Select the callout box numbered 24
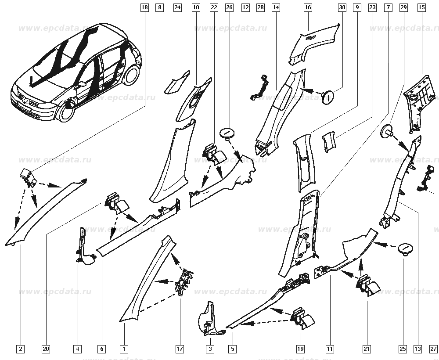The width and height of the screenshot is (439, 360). coord(177,7)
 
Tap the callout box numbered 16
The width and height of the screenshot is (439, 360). coord(307,7)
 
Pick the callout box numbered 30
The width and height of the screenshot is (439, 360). coord(342,7)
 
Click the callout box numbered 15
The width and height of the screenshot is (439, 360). coord(421,7)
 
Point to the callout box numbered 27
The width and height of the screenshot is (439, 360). coord(434,349)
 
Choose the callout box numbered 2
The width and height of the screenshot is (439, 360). coord(21,349)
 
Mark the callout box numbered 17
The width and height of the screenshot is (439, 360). coord(180,349)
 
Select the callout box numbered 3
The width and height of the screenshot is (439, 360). coord(210,349)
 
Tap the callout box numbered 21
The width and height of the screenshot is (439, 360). coord(367,349)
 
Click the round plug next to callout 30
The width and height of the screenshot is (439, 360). coord(327,96)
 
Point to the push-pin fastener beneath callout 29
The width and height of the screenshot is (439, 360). coord(387,131)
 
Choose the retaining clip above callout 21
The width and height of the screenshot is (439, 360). coord(368,285)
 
